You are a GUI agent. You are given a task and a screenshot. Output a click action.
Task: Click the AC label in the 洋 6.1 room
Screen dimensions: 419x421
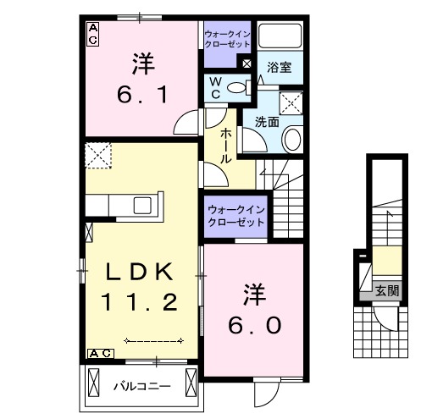point(93,32)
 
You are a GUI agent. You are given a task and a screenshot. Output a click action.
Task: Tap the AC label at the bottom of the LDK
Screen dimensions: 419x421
point(98,352)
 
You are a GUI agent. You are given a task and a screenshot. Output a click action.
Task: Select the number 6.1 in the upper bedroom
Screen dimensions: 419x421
point(141,87)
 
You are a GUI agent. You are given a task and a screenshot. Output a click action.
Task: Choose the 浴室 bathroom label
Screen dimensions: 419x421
point(279,67)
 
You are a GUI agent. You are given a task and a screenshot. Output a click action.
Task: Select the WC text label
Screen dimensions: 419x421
point(215,88)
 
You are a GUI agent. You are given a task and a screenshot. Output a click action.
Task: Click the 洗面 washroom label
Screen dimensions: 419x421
point(267,121)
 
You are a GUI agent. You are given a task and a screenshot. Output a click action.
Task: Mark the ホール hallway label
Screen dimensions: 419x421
point(228,146)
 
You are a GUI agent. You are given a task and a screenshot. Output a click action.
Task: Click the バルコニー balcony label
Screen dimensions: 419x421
point(141,386)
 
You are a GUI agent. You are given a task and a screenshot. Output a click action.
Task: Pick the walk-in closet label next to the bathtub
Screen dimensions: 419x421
point(226,40)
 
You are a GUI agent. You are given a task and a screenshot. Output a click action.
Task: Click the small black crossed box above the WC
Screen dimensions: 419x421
point(247,63)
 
